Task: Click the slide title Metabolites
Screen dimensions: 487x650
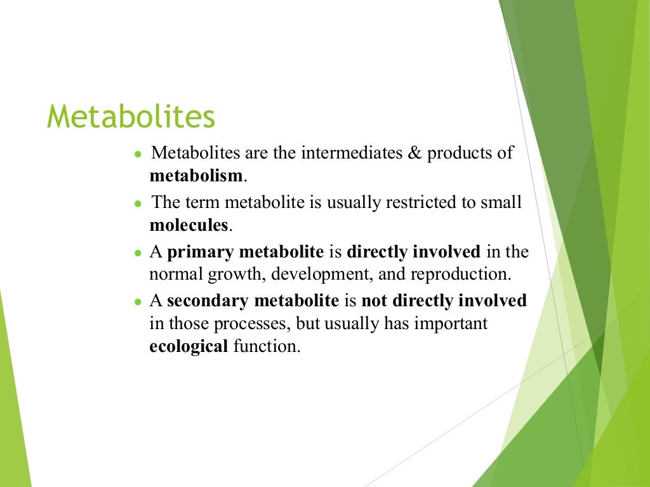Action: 131,117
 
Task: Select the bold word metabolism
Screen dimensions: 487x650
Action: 196,176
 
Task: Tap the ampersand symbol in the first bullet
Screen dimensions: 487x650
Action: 415,154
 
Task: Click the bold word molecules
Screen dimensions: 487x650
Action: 189,224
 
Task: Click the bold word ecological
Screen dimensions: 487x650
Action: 189,347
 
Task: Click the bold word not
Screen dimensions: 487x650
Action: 373,301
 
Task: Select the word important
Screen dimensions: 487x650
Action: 451,323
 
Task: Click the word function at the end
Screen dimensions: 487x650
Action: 265,347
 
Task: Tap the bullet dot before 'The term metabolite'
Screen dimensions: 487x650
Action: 138,204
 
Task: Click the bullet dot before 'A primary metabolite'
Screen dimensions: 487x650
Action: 138,253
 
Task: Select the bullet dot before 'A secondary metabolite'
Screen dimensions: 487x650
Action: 138,302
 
